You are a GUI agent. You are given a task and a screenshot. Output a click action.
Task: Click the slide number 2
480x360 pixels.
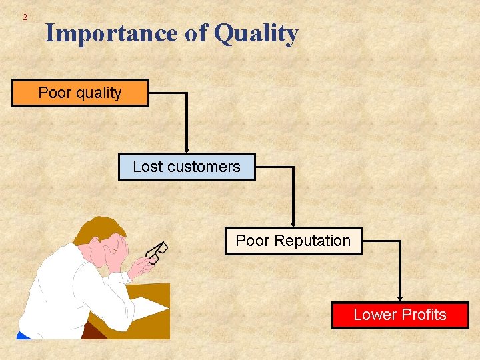coord(25,17)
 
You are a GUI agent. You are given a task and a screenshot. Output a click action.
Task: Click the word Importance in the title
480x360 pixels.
coord(113,33)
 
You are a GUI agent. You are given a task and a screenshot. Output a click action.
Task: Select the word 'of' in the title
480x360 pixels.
coord(197,33)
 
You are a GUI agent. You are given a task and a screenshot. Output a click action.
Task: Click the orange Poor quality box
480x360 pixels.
coord(80,93)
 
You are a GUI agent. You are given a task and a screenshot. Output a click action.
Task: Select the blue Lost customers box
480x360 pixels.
coord(187,167)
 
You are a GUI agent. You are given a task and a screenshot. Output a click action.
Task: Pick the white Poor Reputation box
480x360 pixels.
coord(293,241)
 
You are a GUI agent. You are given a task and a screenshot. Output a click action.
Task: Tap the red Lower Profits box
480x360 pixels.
coord(400,315)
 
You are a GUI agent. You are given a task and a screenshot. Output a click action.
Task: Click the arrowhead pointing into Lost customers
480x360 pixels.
coord(187,149)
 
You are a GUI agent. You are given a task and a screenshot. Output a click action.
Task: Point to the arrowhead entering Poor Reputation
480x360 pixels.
coord(293,223)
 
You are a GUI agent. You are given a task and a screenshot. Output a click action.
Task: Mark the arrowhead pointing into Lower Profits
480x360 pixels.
coord(400,297)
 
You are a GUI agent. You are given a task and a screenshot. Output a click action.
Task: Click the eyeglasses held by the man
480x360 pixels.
coord(158,252)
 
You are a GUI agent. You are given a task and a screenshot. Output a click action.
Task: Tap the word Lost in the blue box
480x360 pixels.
coord(147,167)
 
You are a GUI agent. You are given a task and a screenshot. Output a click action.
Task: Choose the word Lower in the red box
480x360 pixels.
coord(374,315)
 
